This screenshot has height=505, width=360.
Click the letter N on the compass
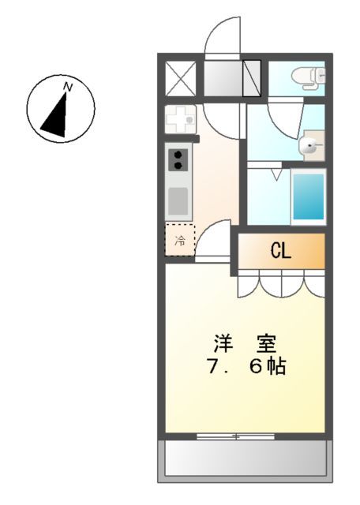tap(69, 87)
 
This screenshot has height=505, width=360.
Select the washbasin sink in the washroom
tap(310, 146)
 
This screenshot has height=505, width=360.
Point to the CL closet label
tap(281, 252)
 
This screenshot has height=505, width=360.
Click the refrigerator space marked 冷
tap(180, 240)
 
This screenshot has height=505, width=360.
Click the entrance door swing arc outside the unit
tap(220, 36)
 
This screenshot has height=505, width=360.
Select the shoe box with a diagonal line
tap(252, 78)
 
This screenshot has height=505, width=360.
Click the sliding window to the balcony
tap(234, 436)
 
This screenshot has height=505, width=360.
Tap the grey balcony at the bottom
tap(244, 458)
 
